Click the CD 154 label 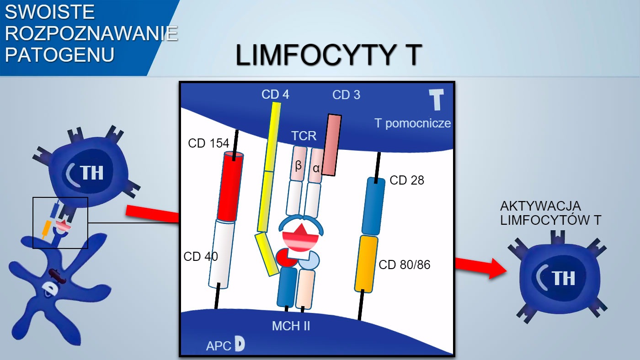[208, 143]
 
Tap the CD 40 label [201, 257]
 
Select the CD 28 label [407, 180]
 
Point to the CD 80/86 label [405, 265]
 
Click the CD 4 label [275, 95]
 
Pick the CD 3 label [346, 95]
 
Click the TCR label [304, 136]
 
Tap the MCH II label [291, 326]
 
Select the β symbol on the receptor [299, 165]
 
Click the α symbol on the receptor [316, 168]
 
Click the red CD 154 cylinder [231, 186]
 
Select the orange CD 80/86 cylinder [366, 264]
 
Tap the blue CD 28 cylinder [373, 206]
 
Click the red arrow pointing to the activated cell [480, 267]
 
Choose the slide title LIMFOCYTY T [328, 55]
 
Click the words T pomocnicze [412, 123]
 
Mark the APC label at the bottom [219, 346]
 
